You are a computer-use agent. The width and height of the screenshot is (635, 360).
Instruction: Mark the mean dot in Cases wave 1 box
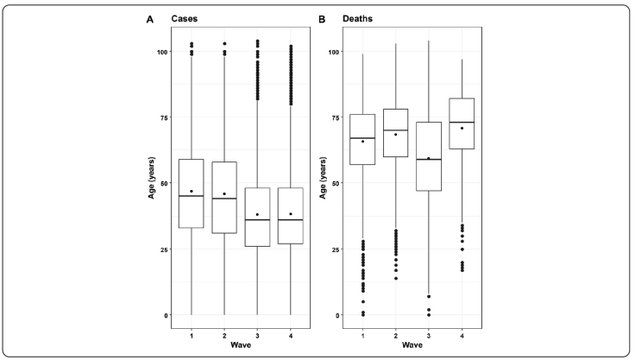pyautogui.click(x=191, y=192)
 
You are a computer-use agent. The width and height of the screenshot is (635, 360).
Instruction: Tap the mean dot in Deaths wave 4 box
pyautogui.click(x=462, y=129)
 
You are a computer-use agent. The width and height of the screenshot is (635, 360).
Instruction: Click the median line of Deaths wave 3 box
pyautogui.click(x=429, y=160)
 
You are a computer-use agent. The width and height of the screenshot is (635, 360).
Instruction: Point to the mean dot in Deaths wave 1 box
pyautogui.click(x=362, y=142)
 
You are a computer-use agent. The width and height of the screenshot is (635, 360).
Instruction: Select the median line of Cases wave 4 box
pyautogui.click(x=291, y=220)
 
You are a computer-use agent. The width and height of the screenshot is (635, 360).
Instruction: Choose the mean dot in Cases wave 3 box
pyautogui.click(x=257, y=215)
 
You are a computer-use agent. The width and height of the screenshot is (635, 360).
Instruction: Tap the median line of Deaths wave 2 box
pyautogui.click(x=395, y=130)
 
